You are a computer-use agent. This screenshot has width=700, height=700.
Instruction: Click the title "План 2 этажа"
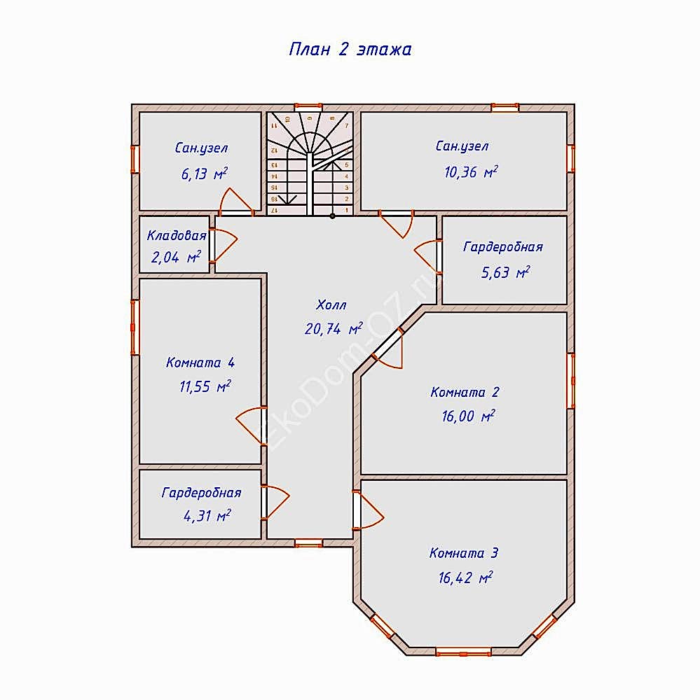(350, 49)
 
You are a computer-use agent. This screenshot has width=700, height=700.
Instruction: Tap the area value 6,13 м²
(205, 174)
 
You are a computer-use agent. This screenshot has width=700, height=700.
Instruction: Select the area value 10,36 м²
(471, 172)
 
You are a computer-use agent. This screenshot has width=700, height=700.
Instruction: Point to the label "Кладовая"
(177, 235)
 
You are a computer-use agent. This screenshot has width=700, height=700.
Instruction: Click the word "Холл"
(331, 305)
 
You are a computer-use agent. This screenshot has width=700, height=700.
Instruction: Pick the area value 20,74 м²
(334, 329)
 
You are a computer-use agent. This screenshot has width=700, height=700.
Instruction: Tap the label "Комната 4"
(200, 362)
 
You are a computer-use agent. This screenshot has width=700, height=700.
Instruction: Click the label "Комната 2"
(465, 392)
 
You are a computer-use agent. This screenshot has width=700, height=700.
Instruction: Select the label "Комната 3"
(464, 553)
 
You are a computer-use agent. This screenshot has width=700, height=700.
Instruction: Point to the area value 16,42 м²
(465, 577)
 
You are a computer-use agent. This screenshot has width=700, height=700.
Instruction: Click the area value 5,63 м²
(506, 272)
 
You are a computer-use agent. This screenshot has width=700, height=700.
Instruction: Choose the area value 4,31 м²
(207, 516)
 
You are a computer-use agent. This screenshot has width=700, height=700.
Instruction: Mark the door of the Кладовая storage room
(223, 245)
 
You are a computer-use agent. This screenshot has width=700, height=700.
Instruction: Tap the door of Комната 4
(251, 426)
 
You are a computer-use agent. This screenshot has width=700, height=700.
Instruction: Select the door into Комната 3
(369, 510)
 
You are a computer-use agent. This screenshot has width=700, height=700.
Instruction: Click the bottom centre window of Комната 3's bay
(464, 651)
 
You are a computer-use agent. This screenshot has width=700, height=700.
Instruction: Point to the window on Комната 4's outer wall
(135, 327)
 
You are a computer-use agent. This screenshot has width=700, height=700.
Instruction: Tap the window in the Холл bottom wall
(308, 543)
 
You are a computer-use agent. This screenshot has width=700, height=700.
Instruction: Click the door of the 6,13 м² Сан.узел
(236, 202)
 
